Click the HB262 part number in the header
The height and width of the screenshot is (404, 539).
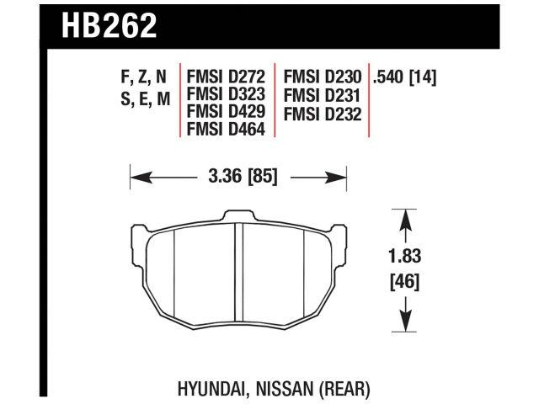[109, 26]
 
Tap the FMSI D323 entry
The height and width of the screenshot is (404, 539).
[226, 96]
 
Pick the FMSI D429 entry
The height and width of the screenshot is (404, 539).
[226, 113]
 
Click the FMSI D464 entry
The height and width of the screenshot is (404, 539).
[226, 130]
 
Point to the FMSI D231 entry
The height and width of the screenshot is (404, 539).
[322, 96]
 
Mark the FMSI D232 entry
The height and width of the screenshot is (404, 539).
[322, 113]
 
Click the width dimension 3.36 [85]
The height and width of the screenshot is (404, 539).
[239, 178]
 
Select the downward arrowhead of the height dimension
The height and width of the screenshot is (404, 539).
[406, 324]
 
